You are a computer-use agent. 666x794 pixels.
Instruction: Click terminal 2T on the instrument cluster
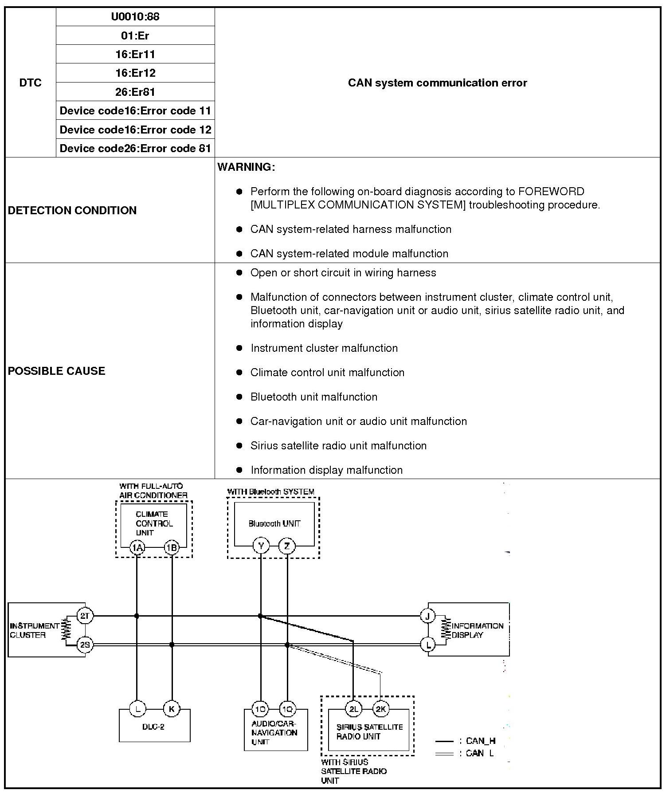tap(85, 616)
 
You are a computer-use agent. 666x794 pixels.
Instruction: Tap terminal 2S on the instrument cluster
tap(85, 645)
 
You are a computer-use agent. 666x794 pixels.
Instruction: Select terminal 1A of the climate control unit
tap(137, 548)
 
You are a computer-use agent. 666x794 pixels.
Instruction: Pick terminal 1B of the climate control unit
tap(171, 548)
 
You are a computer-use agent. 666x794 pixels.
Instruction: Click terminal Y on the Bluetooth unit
tap(261, 546)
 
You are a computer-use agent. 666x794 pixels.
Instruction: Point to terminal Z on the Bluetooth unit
tap(287, 546)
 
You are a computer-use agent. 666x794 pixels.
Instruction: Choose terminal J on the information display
tap(428, 616)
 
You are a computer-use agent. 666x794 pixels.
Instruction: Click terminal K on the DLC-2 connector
tap(172, 709)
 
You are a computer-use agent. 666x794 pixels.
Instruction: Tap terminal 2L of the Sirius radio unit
tap(353, 709)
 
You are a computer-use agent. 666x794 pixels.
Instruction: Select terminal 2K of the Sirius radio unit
tap(380, 709)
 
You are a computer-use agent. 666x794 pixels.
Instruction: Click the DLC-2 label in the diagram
tap(154, 727)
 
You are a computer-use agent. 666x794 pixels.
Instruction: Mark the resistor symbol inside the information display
tap(445, 629)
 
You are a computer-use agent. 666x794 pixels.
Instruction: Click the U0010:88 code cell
tap(135, 17)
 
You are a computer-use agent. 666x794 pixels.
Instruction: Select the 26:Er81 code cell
tap(135, 92)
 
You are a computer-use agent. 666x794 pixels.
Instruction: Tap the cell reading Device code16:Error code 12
tap(135, 130)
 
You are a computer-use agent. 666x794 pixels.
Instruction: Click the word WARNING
tap(246, 167)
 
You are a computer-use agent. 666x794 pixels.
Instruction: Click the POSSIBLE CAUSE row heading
tap(57, 371)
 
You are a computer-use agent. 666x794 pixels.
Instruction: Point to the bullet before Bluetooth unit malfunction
tap(239, 397)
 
